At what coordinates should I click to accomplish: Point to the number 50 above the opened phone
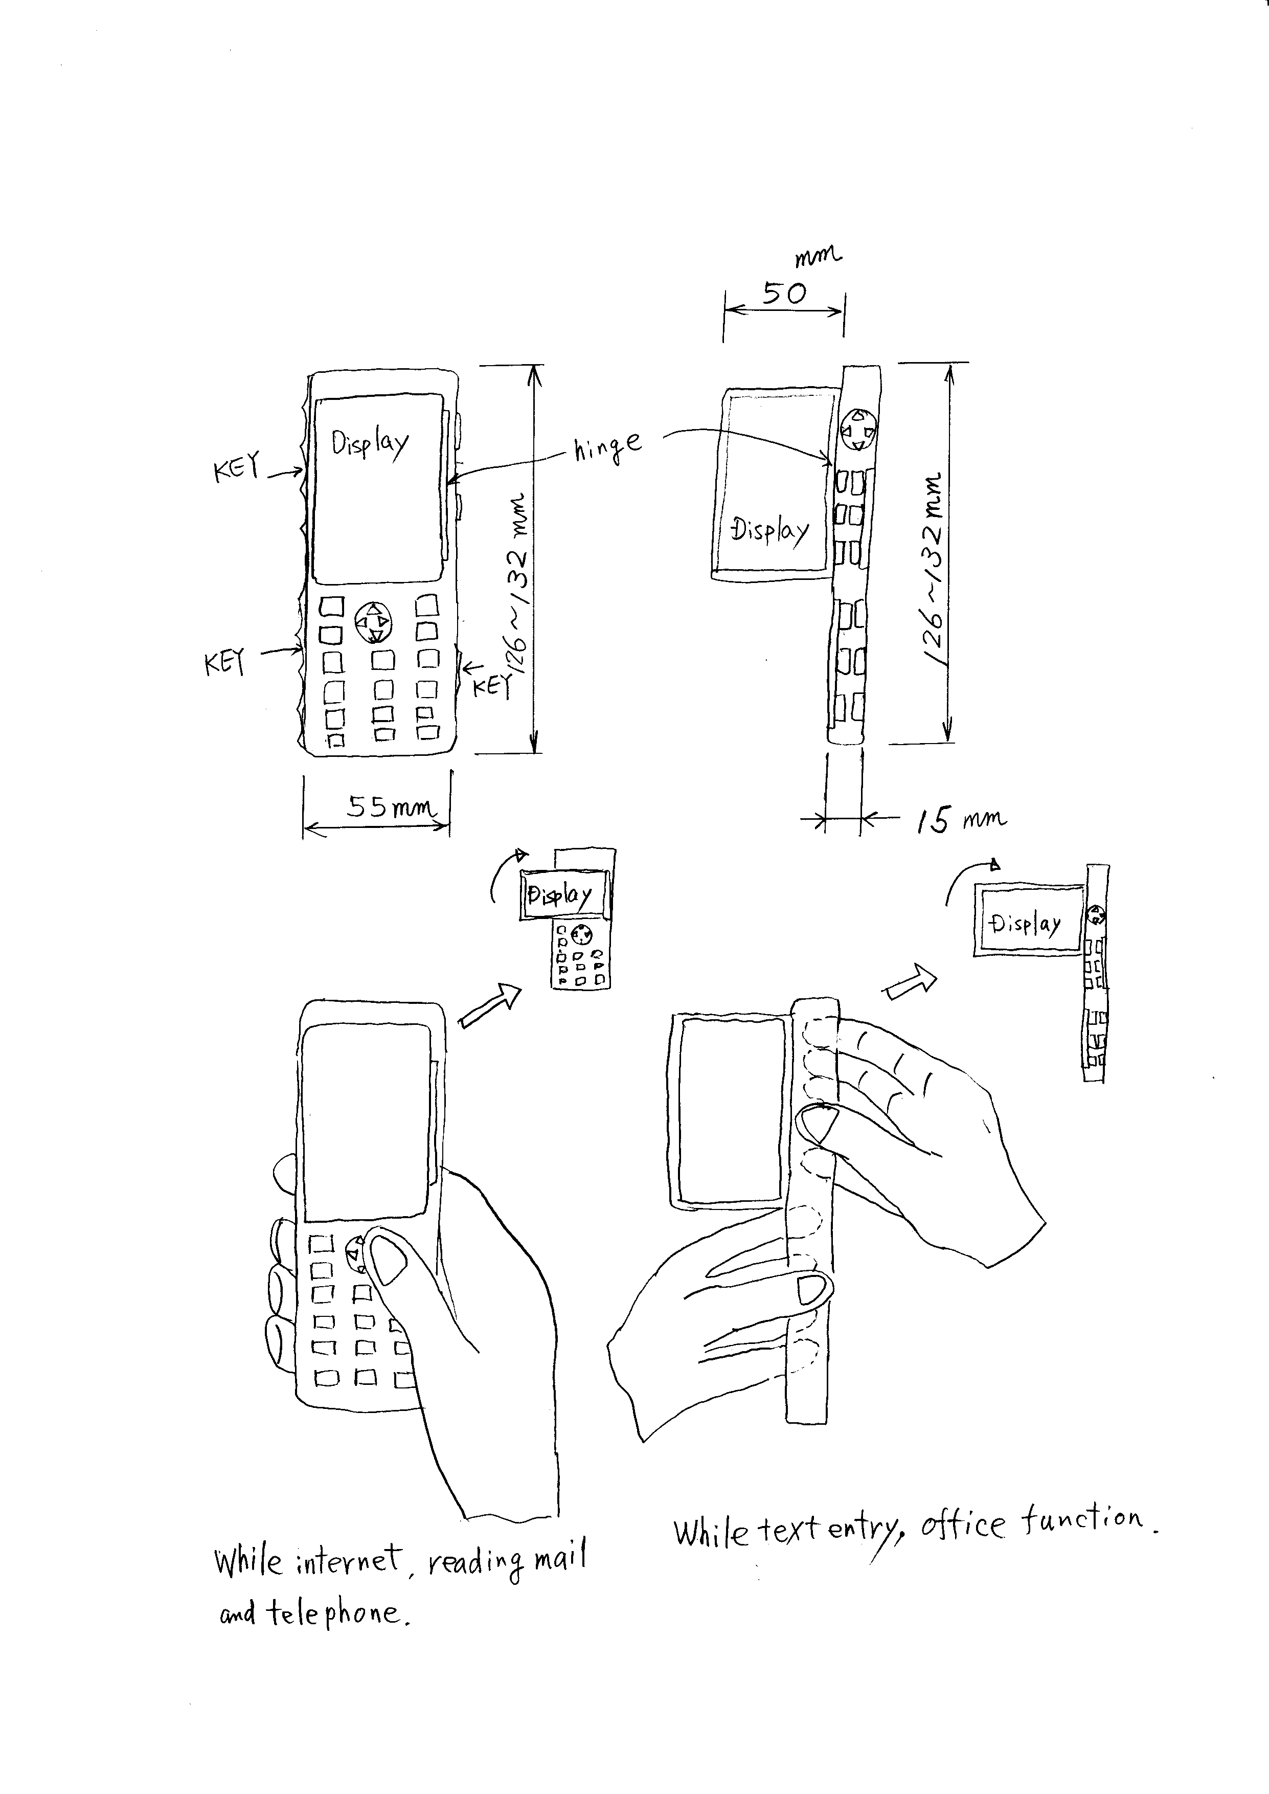pos(784,294)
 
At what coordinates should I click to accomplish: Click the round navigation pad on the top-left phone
pos(374,622)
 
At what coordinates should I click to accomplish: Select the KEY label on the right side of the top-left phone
pos(491,686)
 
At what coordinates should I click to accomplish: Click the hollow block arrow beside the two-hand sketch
pos(910,980)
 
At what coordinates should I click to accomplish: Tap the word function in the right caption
pos(1082,1520)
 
